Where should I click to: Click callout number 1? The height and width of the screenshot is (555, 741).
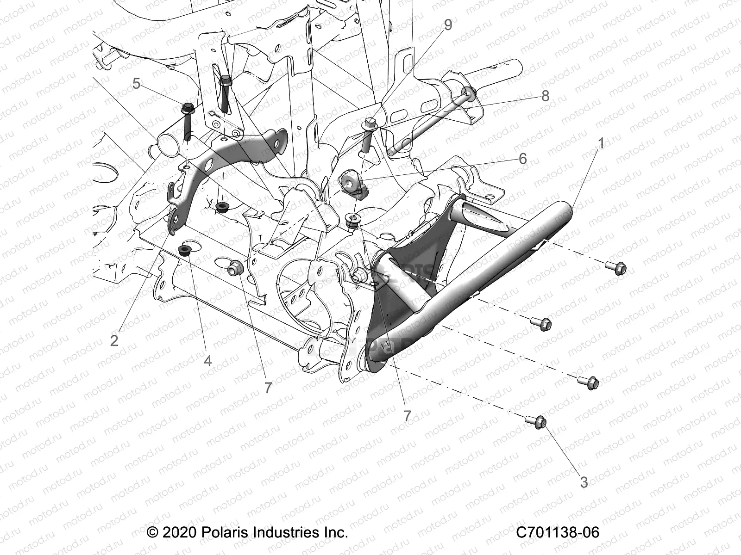602,143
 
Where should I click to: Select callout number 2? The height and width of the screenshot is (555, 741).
114,340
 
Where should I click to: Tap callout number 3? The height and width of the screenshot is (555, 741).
584,482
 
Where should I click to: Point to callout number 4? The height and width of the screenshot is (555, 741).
207,360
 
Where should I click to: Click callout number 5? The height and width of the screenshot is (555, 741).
136,84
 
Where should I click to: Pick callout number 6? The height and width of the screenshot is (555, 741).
522,159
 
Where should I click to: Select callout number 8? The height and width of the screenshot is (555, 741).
545,96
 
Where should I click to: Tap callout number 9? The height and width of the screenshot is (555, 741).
447,25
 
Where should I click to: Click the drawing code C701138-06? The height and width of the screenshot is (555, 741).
558,532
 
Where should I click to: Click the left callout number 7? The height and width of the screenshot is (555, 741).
268,388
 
